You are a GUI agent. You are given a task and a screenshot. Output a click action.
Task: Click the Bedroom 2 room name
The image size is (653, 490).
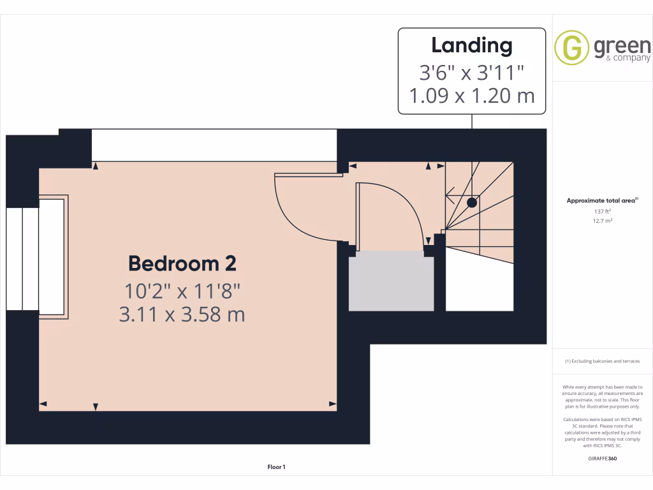(x=182, y=264)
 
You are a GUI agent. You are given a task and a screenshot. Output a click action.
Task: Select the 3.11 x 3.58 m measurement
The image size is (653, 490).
(x=182, y=315)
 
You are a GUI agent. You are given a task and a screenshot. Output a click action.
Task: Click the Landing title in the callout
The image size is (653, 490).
(x=471, y=46)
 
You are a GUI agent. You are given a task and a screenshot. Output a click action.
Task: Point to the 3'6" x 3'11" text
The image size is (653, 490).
(x=471, y=72)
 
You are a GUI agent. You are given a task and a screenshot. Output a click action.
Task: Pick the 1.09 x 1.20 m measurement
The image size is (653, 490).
(x=471, y=96)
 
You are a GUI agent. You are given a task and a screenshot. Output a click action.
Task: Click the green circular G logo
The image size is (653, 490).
(x=571, y=48)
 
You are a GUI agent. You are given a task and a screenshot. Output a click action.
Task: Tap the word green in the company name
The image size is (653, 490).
(x=622, y=46)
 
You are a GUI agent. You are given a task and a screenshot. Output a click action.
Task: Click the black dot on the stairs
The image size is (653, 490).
(x=471, y=203)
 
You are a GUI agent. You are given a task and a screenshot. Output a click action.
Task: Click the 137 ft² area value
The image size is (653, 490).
(x=603, y=211)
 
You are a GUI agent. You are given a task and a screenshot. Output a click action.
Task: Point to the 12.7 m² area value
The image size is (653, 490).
(x=603, y=221)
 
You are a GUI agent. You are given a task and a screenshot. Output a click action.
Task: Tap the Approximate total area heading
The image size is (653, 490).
(x=602, y=201)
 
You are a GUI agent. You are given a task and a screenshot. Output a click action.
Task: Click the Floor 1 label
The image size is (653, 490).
(x=276, y=468)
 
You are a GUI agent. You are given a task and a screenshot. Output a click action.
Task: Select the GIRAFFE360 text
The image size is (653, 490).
(x=603, y=459)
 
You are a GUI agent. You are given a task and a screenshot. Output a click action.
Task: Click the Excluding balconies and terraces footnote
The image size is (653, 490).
(x=602, y=362)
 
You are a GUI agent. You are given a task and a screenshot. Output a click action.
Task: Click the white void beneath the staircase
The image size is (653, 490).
(x=478, y=284)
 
